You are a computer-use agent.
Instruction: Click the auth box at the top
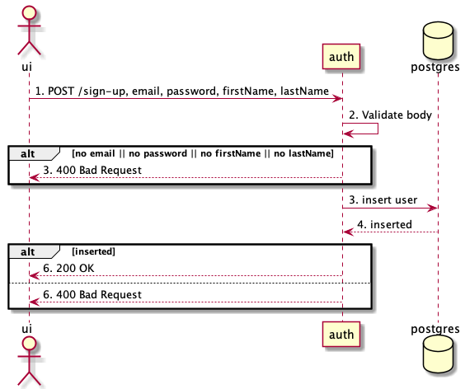342,57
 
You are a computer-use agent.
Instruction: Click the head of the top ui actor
29,12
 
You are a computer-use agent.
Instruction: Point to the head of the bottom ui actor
29,344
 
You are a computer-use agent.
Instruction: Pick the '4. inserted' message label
384,223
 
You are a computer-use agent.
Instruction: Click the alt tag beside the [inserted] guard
28,250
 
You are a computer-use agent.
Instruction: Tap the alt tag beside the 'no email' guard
28,152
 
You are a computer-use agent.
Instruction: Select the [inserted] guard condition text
94,251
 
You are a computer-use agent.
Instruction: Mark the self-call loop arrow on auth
367,129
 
